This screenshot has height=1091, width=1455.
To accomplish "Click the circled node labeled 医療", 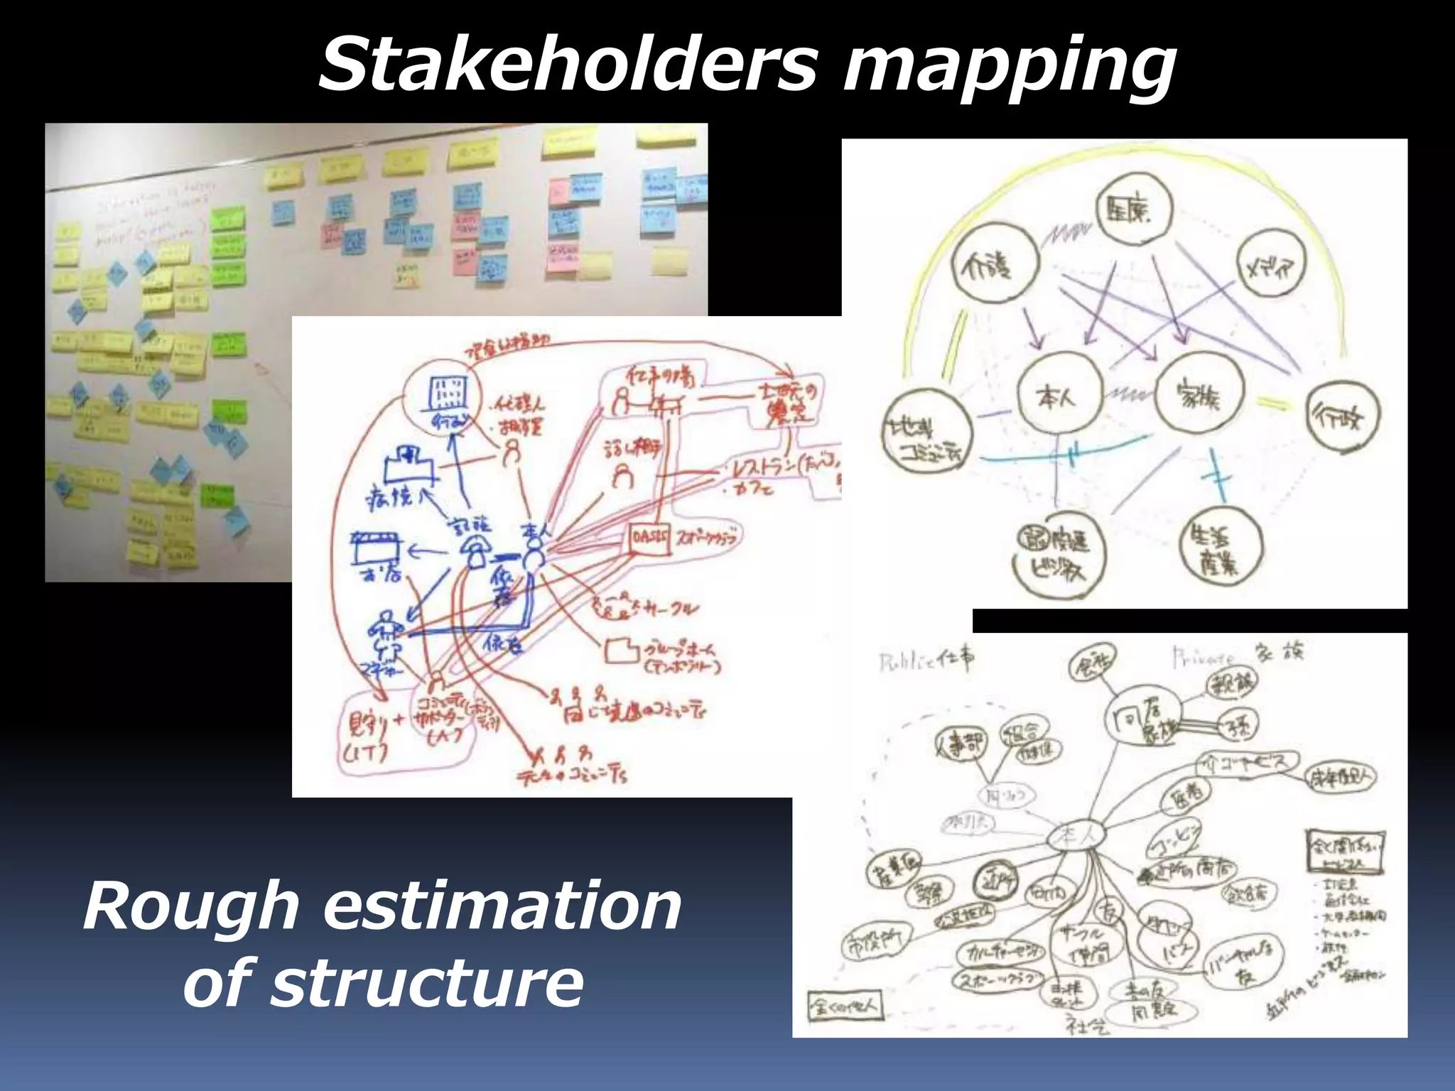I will click(1134, 209).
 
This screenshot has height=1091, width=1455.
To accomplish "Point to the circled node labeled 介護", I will click(994, 264).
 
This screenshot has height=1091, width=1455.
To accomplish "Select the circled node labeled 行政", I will click(1343, 416).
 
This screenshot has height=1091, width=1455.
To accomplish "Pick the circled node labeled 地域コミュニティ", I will click(926, 434).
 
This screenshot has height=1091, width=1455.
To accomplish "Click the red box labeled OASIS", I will click(649, 539).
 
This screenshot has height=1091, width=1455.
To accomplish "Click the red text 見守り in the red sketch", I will click(369, 724).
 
